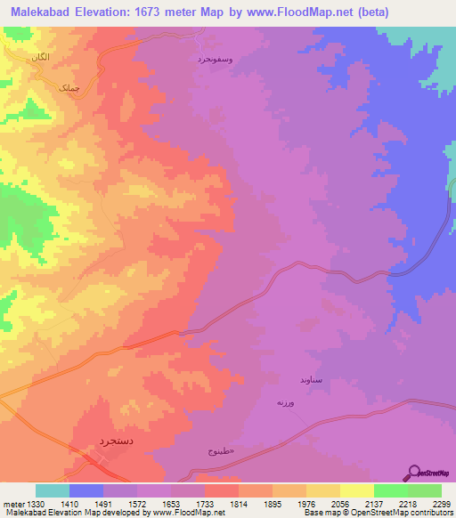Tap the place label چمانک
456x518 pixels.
[69, 89]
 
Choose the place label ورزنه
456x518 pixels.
[285, 403]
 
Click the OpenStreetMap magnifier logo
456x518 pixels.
[414, 473]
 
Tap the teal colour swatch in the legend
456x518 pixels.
[53, 490]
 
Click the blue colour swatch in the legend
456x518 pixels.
[86, 490]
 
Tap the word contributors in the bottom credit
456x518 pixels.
[431, 514]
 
